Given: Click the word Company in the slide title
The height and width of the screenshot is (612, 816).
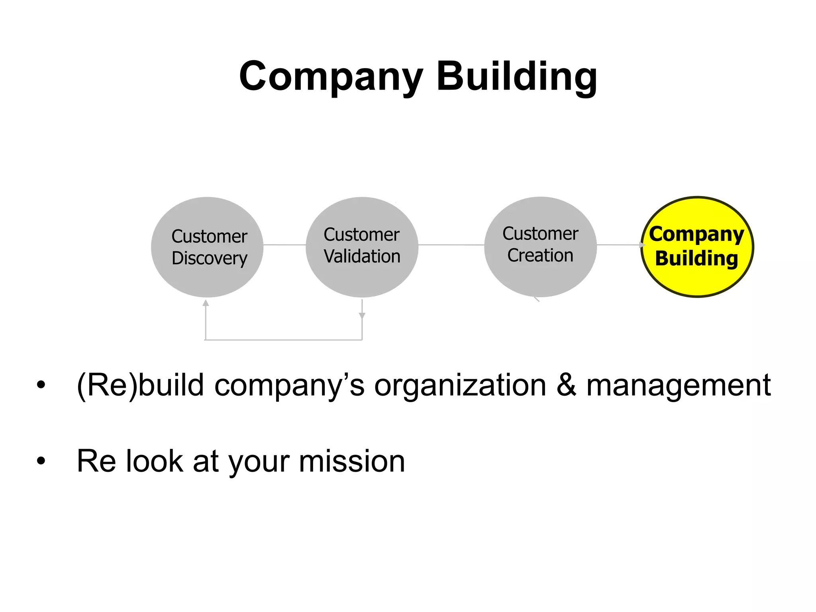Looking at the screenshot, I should pyautogui.click(x=331, y=76).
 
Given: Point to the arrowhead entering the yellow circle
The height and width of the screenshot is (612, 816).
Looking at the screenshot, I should pyautogui.click(x=642, y=245).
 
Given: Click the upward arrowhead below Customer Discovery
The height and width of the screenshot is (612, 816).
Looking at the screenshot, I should pyautogui.click(x=206, y=303).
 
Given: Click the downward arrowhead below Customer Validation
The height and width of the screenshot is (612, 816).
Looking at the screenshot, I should pyautogui.click(x=362, y=316).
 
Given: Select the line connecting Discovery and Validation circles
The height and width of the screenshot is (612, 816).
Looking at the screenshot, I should pyautogui.click(x=284, y=245).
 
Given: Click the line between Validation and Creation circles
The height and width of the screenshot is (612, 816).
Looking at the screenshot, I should pyautogui.click(x=451, y=245).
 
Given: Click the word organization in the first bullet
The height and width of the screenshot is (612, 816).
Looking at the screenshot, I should pyautogui.click(x=460, y=386).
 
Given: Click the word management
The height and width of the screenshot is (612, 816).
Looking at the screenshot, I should pyautogui.click(x=679, y=386).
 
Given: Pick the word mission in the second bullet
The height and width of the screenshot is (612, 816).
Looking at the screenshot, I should pyautogui.click(x=352, y=461).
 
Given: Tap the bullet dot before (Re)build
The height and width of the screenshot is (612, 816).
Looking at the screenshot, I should pyautogui.click(x=41, y=385).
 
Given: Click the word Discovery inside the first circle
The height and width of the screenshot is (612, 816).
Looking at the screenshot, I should pyautogui.click(x=210, y=258).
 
